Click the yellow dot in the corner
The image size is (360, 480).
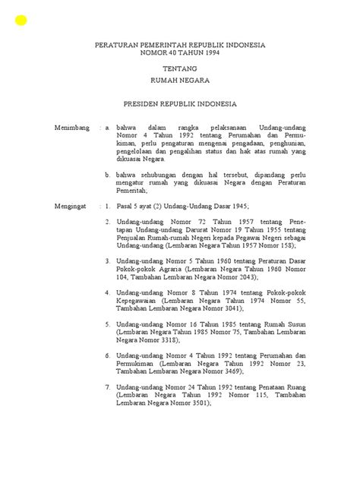[x=21, y=20]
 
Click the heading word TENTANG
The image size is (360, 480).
[x=179, y=68]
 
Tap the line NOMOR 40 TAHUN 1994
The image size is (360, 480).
[x=179, y=54]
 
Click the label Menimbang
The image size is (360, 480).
[x=72, y=128]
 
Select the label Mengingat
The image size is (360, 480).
[x=71, y=206]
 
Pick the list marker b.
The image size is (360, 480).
[x=109, y=174]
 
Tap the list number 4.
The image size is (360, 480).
[x=108, y=292]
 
